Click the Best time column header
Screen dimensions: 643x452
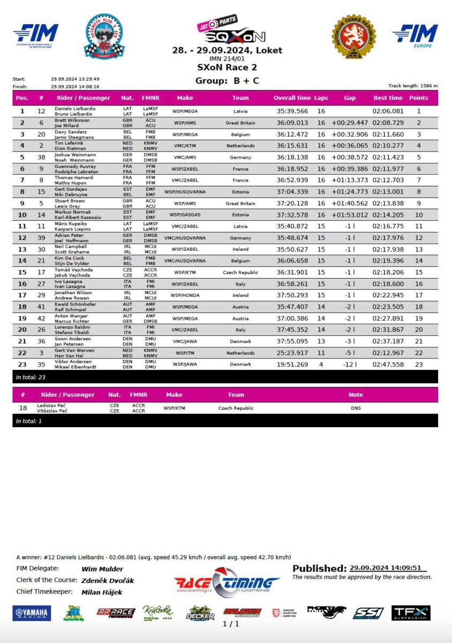(x=388, y=98)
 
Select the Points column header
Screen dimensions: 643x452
(x=418, y=98)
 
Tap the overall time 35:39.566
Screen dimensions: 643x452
(x=292, y=111)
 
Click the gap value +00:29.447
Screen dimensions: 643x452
(x=350, y=123)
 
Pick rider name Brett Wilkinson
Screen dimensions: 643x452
(x=72, y=120)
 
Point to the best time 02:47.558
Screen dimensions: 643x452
(x=388, y=364)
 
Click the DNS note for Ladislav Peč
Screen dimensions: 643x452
(x=356, y=408)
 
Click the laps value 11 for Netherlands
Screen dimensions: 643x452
(x=321, y=353)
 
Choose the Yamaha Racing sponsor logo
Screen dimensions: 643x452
(x=32, y=614)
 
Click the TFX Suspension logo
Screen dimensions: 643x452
(x=411, y=613)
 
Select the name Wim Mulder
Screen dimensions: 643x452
(x=102, y=569)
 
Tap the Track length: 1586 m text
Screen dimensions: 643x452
(x=413, y=86)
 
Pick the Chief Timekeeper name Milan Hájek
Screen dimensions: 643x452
(x=102, y=592)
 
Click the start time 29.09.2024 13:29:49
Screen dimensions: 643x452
(x=75, y=79)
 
